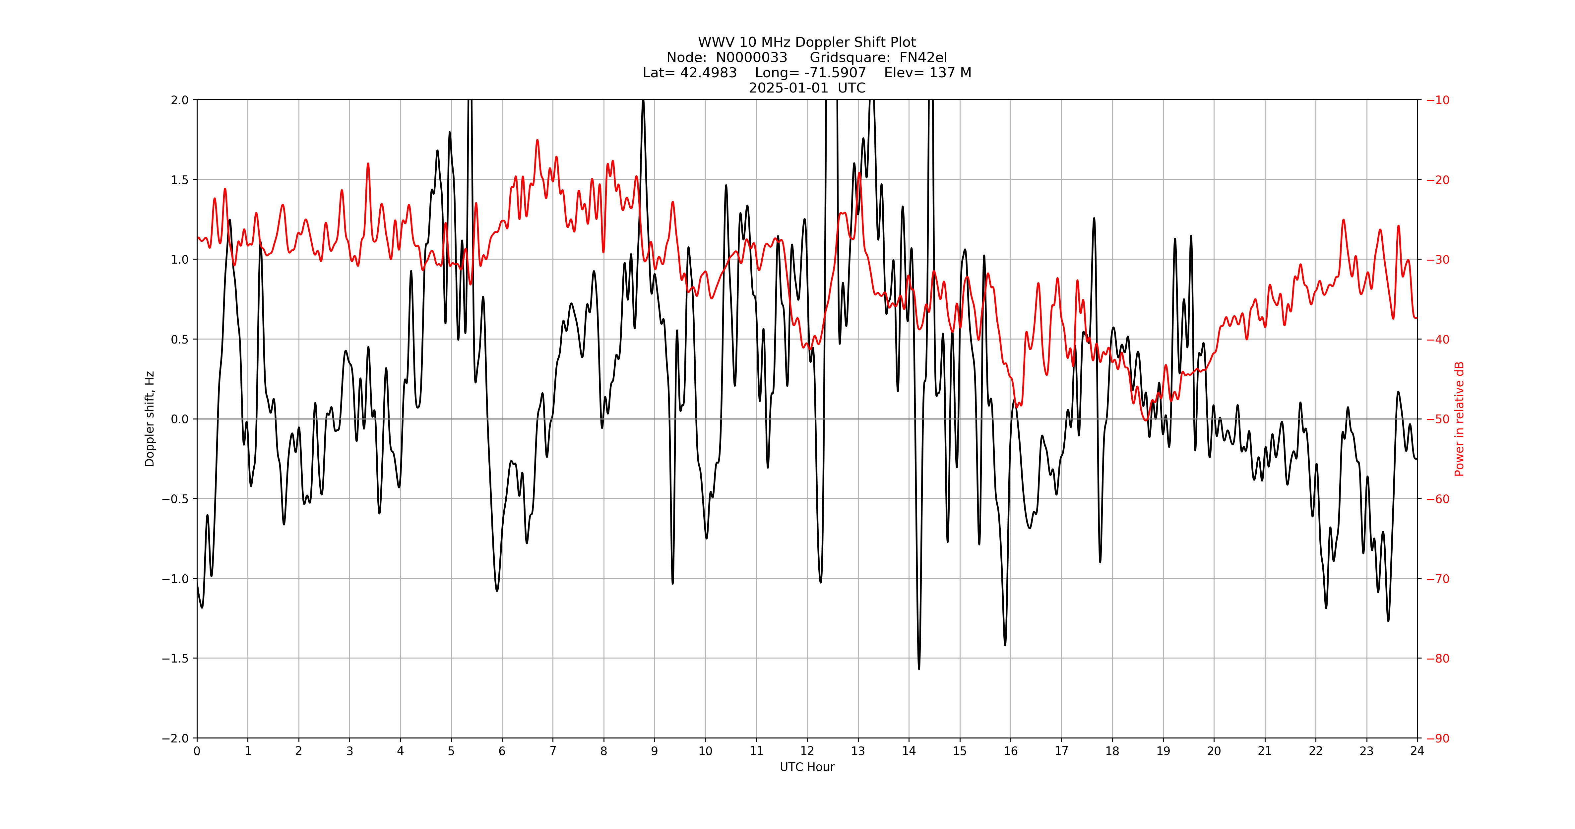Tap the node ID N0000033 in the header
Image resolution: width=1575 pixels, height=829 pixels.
tap(751, 57)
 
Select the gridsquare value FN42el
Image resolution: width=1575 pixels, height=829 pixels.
tap(923, 57)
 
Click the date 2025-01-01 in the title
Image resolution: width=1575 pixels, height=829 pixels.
tap(788, 88)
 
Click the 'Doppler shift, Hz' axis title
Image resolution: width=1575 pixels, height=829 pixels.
tap(150, 419)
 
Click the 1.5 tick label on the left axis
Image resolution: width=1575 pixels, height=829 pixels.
tap(180, 180)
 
